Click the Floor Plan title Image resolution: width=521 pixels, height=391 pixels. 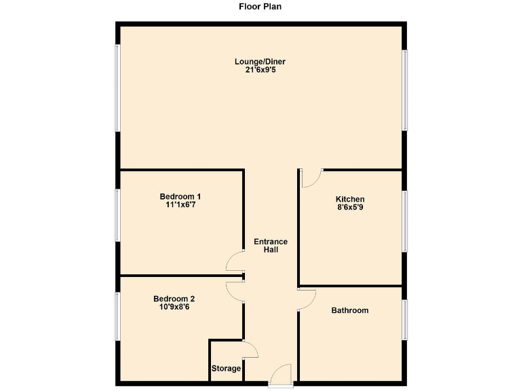click(x=260, y=7)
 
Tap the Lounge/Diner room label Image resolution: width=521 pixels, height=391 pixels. click(x=260, y=62)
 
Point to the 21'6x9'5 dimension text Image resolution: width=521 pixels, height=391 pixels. click(x=260, y=70)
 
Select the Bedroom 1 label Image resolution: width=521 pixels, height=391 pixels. click(x=180, y=198)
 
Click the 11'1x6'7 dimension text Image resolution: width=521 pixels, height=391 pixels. click(x=180, y=205)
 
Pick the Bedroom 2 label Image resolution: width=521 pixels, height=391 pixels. click(x=174, y=299)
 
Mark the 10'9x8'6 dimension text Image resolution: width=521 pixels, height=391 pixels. click(x=174, y=307)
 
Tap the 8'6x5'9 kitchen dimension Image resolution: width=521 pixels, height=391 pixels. click(x=350, y=208)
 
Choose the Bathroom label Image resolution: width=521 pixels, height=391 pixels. click(x=350, y=310)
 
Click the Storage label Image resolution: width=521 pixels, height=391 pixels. click(x=226, y=369)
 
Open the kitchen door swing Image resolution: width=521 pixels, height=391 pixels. click(x=310, y=178)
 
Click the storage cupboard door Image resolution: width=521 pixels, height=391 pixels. click(x=249, y=349)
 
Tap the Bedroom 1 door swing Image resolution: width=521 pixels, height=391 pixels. click(x=235, y=261)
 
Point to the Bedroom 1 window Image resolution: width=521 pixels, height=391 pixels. click(x=117, y=215)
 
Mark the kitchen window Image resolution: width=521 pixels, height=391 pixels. click(x=405, y=221)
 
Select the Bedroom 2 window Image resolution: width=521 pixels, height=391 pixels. click(x=117, y=316)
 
